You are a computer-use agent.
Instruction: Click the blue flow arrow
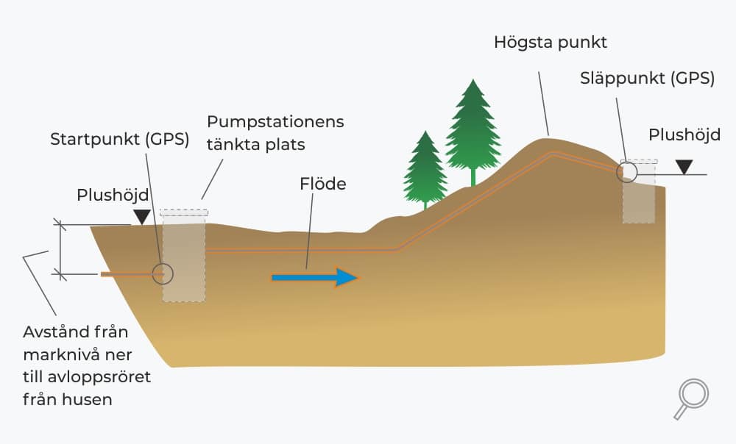click(x=314, y=278)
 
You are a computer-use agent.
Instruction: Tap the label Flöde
click(x=323, y=184)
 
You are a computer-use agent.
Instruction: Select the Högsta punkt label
click(x=551, y=43)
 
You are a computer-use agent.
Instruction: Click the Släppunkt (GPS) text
click(x=647, y=79)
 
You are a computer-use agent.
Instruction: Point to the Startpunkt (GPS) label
click(x=120, y=139)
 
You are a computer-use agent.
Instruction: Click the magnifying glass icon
click(x=692, y=398)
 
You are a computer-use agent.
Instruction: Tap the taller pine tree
click(x=473, y=132)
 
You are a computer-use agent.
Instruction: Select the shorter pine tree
click(x=425, y=170)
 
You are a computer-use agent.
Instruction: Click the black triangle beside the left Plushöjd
click(x=142, y=217)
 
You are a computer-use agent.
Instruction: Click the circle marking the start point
click(x=163, y=273)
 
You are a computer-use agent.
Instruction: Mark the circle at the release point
click(x=626, y=171)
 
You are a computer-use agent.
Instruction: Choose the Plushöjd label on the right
click(x=684, y=135)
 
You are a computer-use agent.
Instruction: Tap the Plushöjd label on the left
click(x=113, y=195)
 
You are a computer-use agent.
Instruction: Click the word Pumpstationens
click(x=275, y=122)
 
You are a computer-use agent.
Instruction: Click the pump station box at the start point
click(x=184, y=256)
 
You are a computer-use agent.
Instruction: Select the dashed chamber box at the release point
click(x=639, y=191)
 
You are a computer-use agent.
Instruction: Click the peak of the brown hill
click(x=548, y=137)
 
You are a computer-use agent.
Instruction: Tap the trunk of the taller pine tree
click(x=473, y=176)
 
